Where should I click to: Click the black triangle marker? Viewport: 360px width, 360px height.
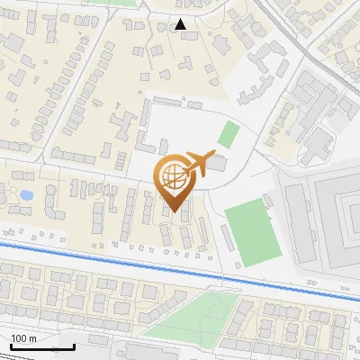[181, 24]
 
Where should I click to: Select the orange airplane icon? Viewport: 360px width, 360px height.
[199, 164]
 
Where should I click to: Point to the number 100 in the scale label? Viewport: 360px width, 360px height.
[19, 338]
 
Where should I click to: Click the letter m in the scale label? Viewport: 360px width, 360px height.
[32, 338]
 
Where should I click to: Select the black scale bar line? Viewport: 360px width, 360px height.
[41, 346]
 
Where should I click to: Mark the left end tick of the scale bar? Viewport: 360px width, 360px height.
[11, 345]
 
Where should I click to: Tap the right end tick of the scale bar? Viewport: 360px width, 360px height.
[73, 345]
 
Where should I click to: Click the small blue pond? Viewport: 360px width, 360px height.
[25, 193]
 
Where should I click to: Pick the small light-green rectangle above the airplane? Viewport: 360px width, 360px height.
[229, 135]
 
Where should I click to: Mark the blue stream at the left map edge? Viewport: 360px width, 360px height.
[4, 242]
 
